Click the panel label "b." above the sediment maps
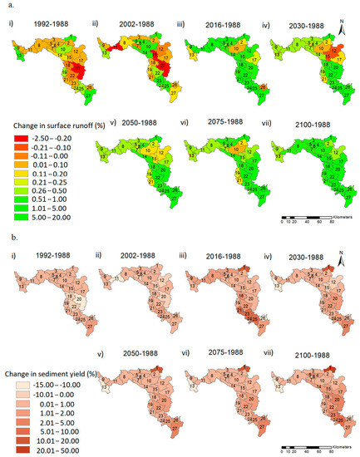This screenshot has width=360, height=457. [x=6, y=238]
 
